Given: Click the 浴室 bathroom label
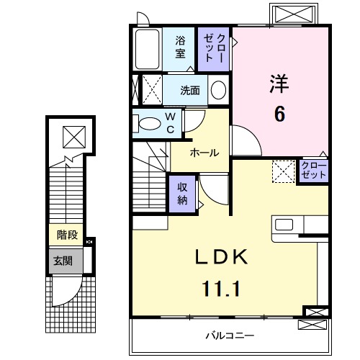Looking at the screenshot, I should pyautogui.click(x=181, y=48).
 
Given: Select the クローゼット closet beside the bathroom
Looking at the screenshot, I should pyautogui.click(x=214, y=48).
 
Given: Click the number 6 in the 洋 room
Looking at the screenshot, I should pyautogui.click(x=278, y=113).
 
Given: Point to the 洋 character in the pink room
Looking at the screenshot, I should pyautogui.click(x=279, y=84).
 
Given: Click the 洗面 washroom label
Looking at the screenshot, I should pyautogui.click(x=190, y=91).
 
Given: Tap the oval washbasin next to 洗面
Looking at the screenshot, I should pyautogui.click(x=218, y=91).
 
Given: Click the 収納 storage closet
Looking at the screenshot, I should pyautogui.click(x=183, y=193).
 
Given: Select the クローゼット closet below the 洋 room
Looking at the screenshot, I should pyautogui.click(x=313, y=171).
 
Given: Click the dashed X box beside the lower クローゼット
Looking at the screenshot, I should pyautogui.click(x=283, y=171).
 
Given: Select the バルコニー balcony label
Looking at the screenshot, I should pyautogui.click(x=228, y=335).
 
